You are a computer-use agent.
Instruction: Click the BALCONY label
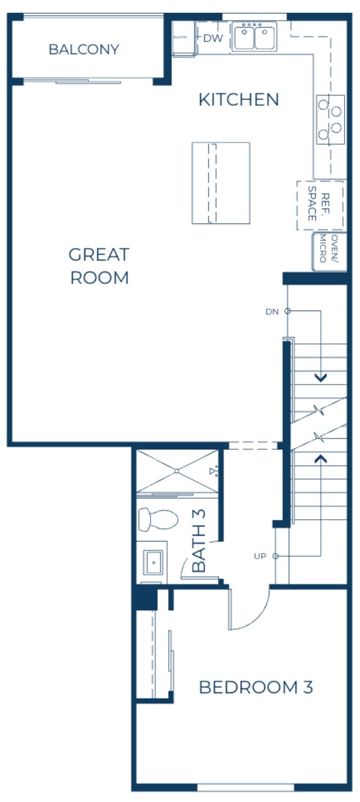[x=84, y=49]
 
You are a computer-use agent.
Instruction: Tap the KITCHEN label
[x=238, y=100]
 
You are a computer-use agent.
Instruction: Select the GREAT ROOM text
[x=99, y=266]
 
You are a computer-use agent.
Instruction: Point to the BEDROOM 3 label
[x=256, y=687]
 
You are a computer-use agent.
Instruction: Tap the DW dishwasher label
[x=213, y=38]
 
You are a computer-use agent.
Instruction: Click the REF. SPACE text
[x=321, y=203]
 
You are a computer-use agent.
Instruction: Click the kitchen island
[x=221, y=183]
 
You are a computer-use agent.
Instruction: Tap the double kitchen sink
[x=255, y=37]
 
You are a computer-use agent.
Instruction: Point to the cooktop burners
[x=329, y=119]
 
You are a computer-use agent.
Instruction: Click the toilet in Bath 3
[x=157, y=520]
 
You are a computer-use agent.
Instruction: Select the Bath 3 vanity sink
[x=153, y=563]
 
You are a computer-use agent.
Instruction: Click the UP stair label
[x=261, y=556]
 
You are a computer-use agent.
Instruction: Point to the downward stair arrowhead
[x=321, y=378]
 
